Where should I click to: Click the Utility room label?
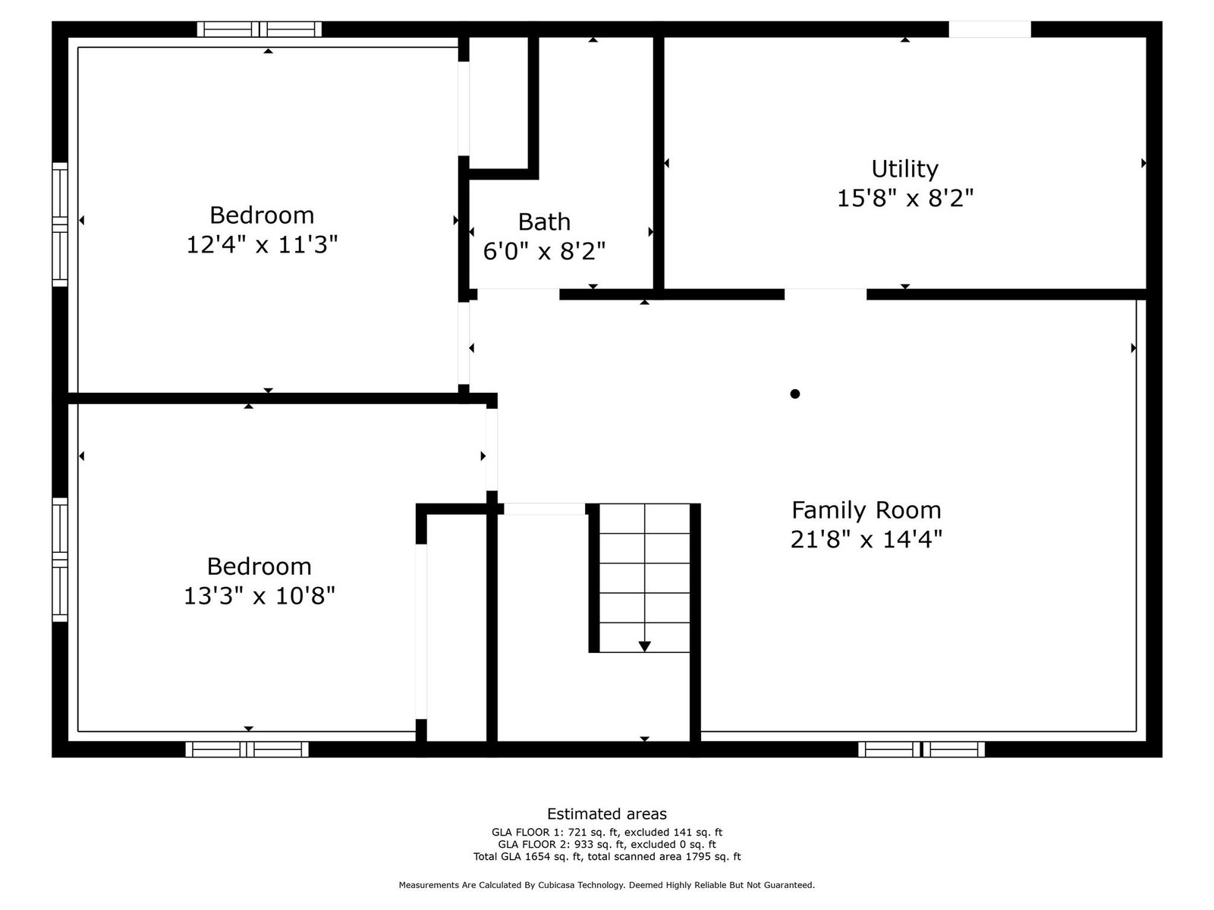(904, 168)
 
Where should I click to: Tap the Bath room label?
(544, 221)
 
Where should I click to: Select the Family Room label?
(866, 510)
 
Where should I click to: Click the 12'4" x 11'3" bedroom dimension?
(262, 243)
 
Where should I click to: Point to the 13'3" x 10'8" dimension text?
(259, 595)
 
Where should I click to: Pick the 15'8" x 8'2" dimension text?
(904, 197)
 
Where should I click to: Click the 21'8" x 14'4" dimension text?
(866, 538)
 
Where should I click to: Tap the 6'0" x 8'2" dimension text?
(544, 251)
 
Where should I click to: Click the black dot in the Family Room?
(794, 394)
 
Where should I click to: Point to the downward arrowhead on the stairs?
(644, 646)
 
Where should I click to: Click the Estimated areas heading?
(607, 813)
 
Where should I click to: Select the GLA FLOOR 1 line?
(607, 832)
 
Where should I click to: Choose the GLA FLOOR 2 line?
(607, 844)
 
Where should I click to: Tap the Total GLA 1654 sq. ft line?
(607, 856)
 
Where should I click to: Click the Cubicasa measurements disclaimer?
(607, 884)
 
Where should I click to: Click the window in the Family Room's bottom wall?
(921, 749)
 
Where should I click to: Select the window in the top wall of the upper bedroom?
(259, 29)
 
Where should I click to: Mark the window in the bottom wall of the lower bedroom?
(247, 749)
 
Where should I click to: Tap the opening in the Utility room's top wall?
(989, 30)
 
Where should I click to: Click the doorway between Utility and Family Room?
(826, 294)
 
